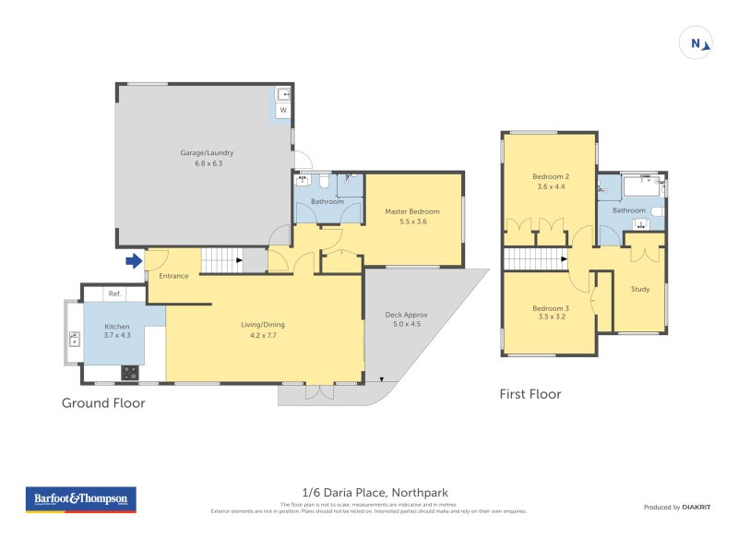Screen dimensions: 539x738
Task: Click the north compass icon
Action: (697, 42)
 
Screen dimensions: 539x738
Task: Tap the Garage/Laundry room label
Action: (207, 152)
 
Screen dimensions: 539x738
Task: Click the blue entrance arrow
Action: (134, 261)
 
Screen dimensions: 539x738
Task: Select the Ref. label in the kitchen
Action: (114, 293)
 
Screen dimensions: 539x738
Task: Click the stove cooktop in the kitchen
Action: (130, 373)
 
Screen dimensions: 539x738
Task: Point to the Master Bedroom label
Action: (412, 211)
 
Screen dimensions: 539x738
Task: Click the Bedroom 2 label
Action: (551, 176)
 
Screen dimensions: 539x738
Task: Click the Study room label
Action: (639, 289)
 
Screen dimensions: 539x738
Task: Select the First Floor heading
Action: (530, 394)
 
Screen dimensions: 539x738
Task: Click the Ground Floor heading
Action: (103, 402)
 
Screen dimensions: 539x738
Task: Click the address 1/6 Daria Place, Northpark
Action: (369, 493)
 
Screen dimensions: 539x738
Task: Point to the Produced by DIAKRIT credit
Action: (675, 507)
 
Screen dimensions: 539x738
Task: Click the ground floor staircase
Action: (221, 260)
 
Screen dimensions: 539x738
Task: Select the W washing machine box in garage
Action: (283, 110)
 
